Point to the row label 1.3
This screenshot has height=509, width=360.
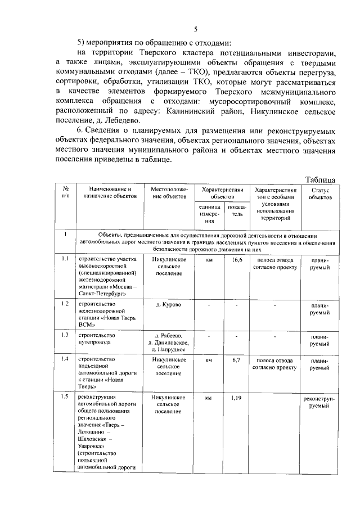(65, 335)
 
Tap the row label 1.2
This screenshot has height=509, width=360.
(65, 304)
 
